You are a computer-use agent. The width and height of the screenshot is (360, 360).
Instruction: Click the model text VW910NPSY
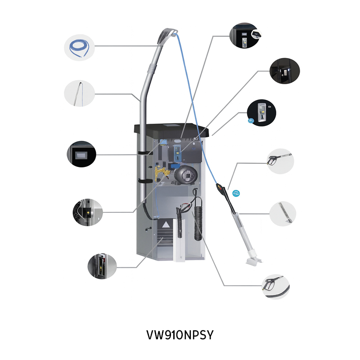point(180,335)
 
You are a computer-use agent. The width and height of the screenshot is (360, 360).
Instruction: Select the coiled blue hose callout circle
point(79,48)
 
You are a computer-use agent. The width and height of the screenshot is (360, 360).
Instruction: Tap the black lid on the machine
point(171,131)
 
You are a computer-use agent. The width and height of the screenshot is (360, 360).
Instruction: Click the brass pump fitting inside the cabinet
point(162,173)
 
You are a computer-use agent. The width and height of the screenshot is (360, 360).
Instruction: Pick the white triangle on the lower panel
point(165,225)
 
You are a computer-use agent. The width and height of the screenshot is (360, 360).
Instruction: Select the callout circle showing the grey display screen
point(81,154)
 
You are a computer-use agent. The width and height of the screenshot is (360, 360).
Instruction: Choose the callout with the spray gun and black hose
point(275,287)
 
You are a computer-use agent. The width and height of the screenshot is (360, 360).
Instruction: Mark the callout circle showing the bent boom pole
point(79,93)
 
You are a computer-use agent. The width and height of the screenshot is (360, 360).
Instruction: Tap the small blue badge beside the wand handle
point(236,193)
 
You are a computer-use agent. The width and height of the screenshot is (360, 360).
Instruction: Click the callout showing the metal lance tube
point(283,214)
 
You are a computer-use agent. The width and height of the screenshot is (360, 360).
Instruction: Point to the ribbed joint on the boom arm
point(152,68)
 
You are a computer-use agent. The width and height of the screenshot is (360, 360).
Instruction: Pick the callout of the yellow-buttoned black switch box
point(87,212)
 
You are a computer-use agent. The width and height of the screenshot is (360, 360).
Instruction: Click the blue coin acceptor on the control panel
point(177,153)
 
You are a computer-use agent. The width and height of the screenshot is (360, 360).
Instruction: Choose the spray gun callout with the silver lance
point(280,161)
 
